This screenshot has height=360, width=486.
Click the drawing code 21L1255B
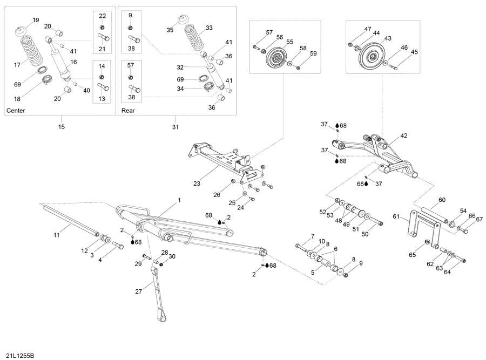[19, 355]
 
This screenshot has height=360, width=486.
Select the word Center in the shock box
[16, 111]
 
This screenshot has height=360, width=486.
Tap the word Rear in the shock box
[128, 111]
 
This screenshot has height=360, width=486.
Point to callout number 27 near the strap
[139, 291]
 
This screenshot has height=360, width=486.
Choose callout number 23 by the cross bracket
[197, 184]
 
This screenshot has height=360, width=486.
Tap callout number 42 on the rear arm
[404, 135]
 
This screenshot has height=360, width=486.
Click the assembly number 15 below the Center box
[61, 127]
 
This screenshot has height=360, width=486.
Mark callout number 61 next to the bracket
[396, 216]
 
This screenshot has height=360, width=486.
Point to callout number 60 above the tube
[442, 200]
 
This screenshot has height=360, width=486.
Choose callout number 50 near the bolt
[365, 234]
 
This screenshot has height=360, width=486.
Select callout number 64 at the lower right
[447, 271]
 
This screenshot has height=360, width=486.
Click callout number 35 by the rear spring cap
[170, 30]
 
